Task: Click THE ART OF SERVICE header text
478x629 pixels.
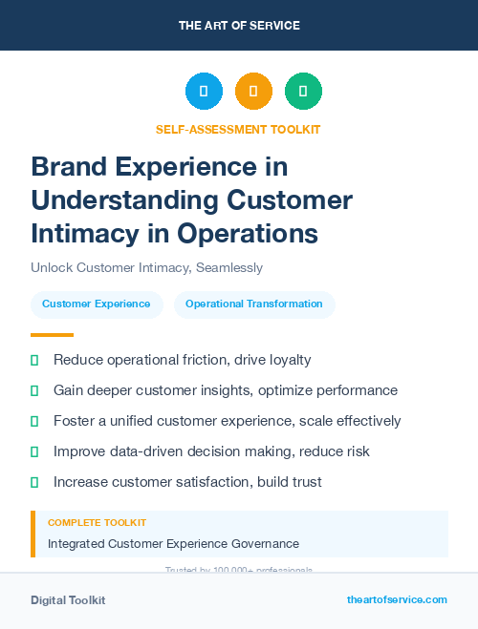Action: (x=239, y=26)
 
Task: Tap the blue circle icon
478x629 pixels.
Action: (x=204, y=92)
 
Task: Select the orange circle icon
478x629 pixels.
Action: (x=253, y=92)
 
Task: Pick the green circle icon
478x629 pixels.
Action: (x=303, y=92)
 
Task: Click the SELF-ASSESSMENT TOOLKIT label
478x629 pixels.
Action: (x=238, y=129)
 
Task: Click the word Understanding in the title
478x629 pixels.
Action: (x=120, y=199)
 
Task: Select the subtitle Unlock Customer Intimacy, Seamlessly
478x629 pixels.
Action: (x=146, y=268)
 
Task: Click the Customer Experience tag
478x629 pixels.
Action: (x=97, y=304)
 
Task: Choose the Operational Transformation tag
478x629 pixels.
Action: (x=254, y=304)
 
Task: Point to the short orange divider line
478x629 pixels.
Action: (x=52, y=335)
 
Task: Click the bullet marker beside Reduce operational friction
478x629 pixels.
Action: (x=34, y=361)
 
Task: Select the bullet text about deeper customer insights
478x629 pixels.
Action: (x=226, y=390)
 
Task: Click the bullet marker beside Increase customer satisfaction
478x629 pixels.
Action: (x=34, y=483)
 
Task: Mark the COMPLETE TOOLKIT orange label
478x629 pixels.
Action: (x=98, y=523)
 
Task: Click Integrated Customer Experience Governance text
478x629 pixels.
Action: (x=174, y=543)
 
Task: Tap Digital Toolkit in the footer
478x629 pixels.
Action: (x=68, y=599)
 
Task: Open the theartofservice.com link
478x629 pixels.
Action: (x=397, y=599)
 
